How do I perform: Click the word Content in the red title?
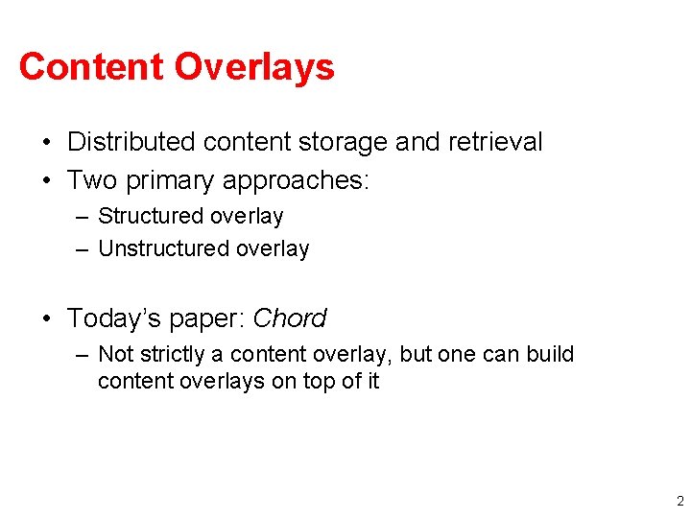[x=91, y=67]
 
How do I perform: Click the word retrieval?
[x=494, y=142]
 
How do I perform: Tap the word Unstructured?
[x=164, y=248]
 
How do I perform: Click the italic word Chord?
[x=290, y=318]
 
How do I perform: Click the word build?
[x=550, y=354]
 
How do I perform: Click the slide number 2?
[x=679, y=501]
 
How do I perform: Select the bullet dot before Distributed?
[x=46, y=143]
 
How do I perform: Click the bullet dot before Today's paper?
[x=46, y=318]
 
